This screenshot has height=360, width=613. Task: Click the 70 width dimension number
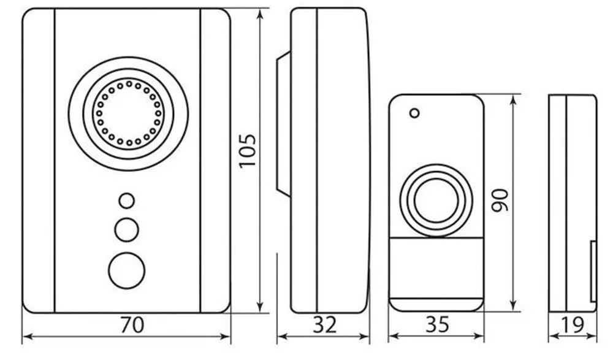pyautogui.click(x=132, y=324)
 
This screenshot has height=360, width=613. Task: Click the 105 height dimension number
pyautogui.click(x=248, y=151)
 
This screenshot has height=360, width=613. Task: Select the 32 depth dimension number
pyautogui.click(x=324, y=324)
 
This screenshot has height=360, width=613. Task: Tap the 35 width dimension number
pyautogui.click(x=438, y=324)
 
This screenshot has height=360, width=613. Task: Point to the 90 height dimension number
pyautogui.click(x=500, y=201)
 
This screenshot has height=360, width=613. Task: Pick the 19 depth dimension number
pyautogui.click(x=572, y=324)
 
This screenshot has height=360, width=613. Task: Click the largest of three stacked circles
pyautogui.click(x=127, y=271)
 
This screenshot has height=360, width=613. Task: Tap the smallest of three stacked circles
pyautogui.click(x=127, y=201)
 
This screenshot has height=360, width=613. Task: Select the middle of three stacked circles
pyautogui.click(x=127, y=230)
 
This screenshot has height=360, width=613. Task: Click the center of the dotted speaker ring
pyautogui.click(x=129, y=113)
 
